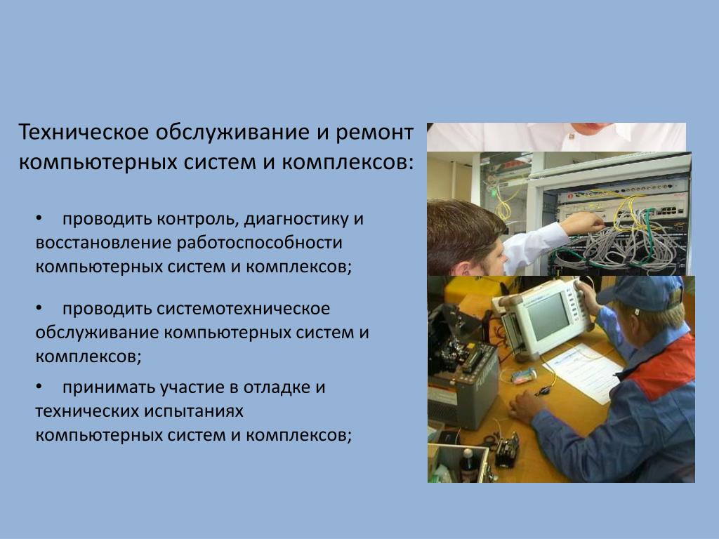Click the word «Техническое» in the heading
84,132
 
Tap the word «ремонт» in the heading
375,133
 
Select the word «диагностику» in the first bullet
296,220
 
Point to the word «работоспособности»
260,244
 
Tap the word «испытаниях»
194,411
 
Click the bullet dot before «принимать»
39,387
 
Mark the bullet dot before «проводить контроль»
39,218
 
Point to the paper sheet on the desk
583,373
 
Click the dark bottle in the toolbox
467,465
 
